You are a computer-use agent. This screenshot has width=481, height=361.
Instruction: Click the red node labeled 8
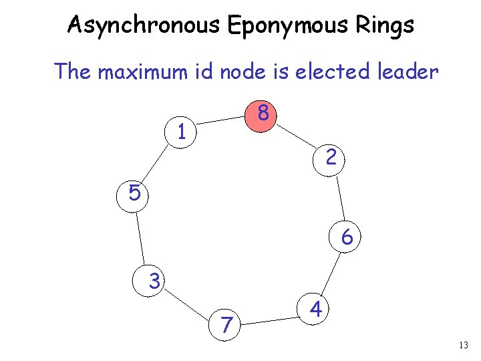[264, 114]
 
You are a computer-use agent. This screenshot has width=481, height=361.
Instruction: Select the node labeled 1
[181, 131]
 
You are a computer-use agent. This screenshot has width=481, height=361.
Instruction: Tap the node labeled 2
[331, 158]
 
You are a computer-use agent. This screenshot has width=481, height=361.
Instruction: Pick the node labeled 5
[134, 193]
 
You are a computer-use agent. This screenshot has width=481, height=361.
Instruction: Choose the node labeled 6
[347, 237]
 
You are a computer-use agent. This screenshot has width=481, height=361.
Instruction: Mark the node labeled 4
[317, 310]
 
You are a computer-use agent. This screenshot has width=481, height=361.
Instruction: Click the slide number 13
[465, 345]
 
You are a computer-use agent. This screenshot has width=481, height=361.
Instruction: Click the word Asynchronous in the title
[144, 25]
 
